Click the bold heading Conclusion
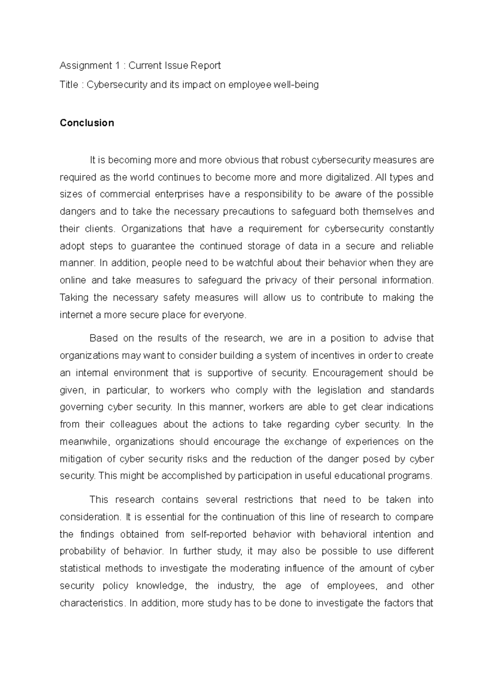pos(86,123)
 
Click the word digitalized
pos(348,177)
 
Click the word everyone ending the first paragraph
pos(228,315)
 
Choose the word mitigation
pos(81,459)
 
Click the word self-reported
pos(219,534)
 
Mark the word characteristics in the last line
pos(91,603)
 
